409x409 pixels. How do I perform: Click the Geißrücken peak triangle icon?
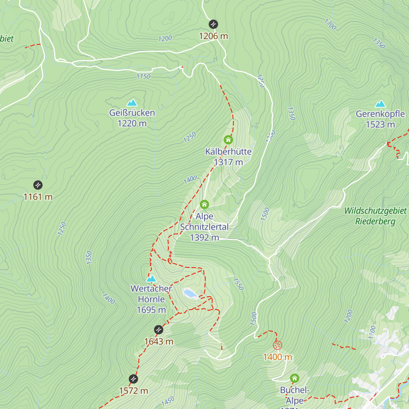click(132, 103)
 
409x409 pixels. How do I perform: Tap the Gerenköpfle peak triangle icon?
click(380, 104)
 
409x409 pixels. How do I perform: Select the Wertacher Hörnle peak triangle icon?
click(151, 279)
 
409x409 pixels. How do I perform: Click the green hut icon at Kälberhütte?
click(228, 140)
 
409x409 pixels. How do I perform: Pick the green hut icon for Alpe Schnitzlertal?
click(204, 204)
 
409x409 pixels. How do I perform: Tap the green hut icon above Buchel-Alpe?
click(294, 378)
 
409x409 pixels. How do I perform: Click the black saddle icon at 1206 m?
click(213, 24)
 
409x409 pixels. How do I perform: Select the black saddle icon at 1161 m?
click(38, 185)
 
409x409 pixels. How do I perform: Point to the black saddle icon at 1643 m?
click(158, 330)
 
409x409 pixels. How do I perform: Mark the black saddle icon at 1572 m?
click(133, 379)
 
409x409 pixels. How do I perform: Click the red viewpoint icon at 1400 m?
click(277, 345)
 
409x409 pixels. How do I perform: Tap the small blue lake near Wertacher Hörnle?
click(190, 293)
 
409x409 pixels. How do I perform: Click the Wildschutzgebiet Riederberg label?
click(375, 216)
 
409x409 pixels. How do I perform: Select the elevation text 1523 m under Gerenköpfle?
click(380, 125)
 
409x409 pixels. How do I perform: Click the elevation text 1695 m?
click(151, 310)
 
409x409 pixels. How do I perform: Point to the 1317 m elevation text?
click(228, 162)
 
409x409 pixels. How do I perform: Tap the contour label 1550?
click(238, 284)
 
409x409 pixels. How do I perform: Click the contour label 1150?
click(143, 76)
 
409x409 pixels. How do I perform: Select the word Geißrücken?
click(132, 113)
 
